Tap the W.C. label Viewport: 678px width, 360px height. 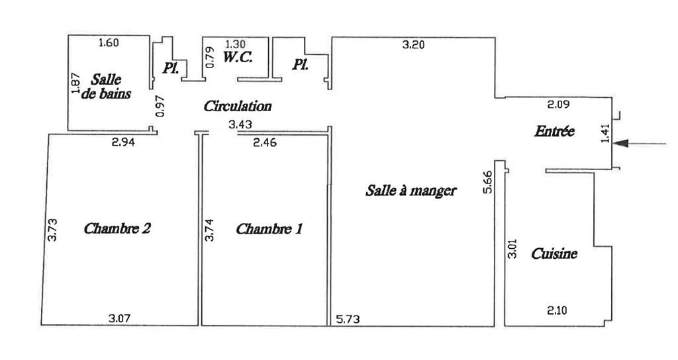(x=237, y=58)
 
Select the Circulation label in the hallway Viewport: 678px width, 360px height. (x=238, y=106)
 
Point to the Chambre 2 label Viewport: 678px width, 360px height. (x=117, y=229)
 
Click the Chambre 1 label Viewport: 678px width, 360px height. (x=269, y=229)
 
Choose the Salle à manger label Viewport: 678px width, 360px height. (x=411, y=191)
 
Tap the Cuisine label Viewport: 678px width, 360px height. (x=554, y=253)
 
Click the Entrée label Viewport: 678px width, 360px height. (x=554, y=132)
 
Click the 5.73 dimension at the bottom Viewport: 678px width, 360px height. (x=347, y=319)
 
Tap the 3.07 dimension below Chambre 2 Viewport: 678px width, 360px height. (x=119, y=319)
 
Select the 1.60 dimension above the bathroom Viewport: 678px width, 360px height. (x=108, y=43)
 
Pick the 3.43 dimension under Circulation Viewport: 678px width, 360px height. (x=240, y=124)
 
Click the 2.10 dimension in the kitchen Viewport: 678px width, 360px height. (x=557, y=309)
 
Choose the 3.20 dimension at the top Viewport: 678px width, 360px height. (x=414, y=45)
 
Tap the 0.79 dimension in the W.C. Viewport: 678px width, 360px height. (x=211, y=58)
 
